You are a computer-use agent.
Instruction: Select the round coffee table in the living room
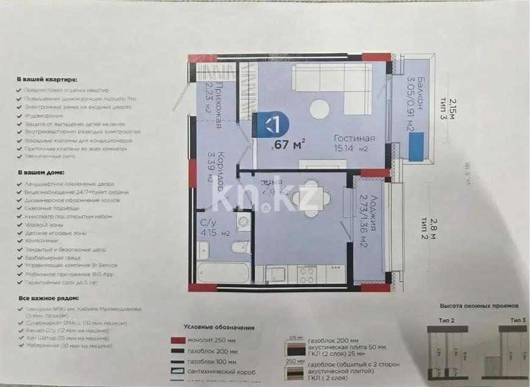(319, 110)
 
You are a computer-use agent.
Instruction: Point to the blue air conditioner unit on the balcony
(417, 148)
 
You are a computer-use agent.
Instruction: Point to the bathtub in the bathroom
(223, 272)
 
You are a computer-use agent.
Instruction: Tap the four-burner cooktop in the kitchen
(307, 274)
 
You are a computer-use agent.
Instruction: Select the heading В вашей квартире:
(47, 79)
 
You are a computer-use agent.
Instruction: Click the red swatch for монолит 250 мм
(178, 340)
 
